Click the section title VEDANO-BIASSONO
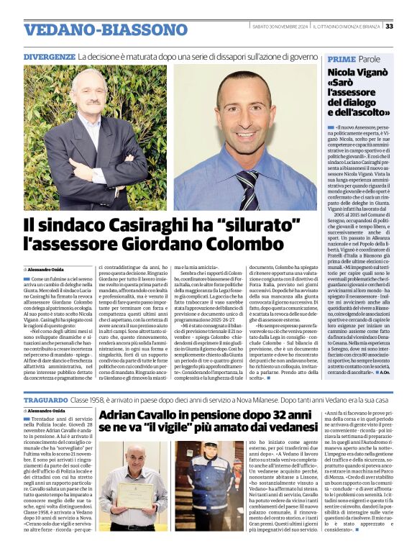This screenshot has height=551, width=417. [96, 29]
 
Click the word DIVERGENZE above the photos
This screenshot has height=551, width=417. [50, 57]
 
